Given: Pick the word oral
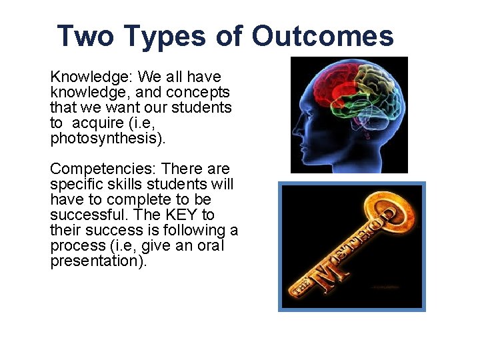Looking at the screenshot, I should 210,245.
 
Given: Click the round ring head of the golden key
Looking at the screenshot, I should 396,215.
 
